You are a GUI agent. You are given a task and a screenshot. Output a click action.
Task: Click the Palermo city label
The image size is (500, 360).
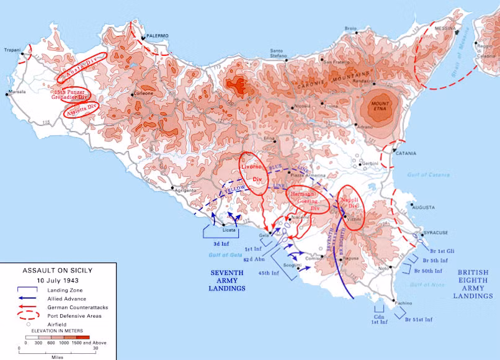tap(158, 36)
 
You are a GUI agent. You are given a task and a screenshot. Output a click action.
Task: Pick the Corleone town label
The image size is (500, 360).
tap(143, 93)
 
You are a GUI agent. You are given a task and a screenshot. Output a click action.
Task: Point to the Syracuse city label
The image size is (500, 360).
tap(436, 233)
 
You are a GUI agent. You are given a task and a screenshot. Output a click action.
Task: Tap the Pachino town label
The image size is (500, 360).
tap(404, 302)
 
